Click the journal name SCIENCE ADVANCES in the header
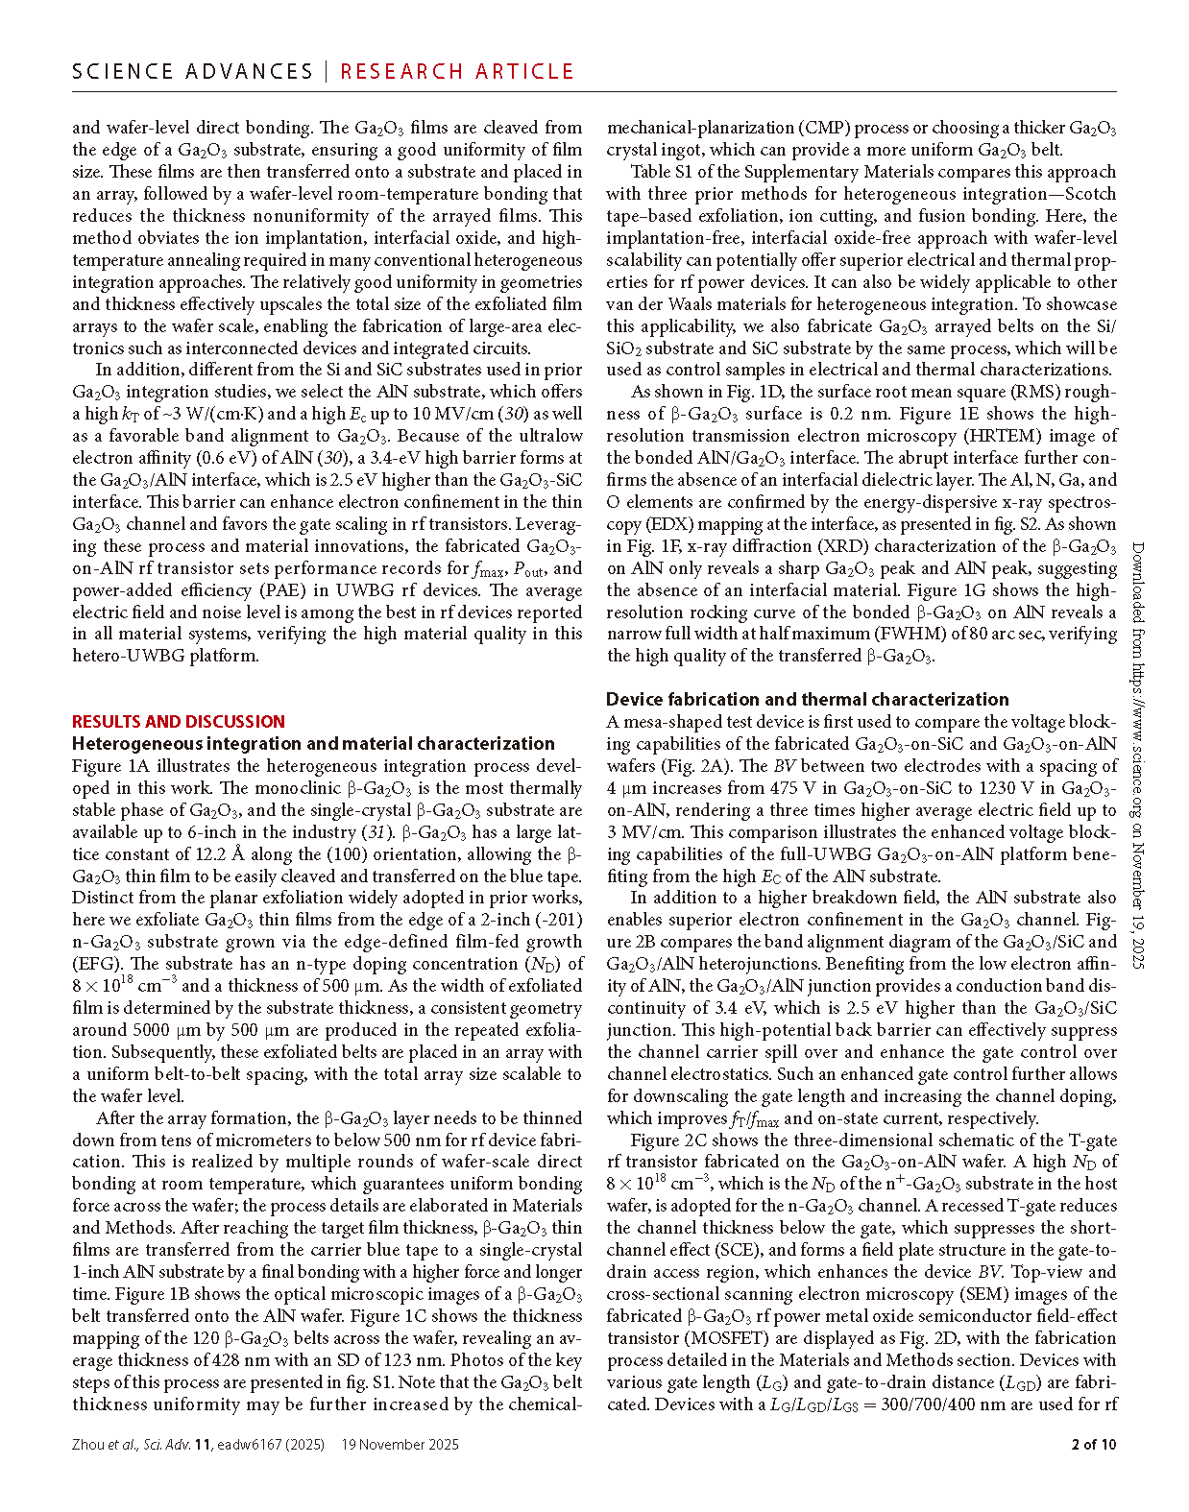coord(192,72)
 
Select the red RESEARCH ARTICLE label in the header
coord(457,72)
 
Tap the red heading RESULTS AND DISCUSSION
coord(179,722)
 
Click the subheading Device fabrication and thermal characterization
coord(808,700)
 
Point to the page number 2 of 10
coord(1094,1444)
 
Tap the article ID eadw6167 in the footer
coord(258,1444)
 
